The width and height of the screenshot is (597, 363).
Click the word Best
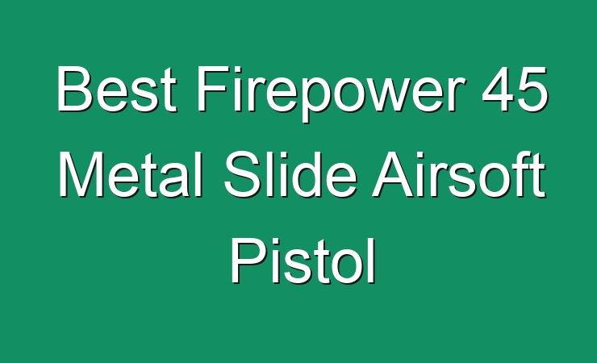[x=117, y=89]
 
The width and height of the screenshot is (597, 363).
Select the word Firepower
[x=330, y=94]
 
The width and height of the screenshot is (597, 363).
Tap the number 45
[x=515, y=89]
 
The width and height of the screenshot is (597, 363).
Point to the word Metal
[x=130, y=174]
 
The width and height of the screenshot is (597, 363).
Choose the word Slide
[x=290, y=174]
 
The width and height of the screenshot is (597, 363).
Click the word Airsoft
[x=458, y=174]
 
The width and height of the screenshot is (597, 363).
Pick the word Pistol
[x=303, y=261]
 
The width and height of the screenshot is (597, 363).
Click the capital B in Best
[x=74, y=89]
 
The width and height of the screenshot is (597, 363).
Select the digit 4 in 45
[x=497, y=89]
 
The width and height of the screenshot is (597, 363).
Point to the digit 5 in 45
[x=532, y=90]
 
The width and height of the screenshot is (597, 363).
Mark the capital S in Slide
[x=242, y=174]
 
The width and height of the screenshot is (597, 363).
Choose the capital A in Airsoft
[x=394, y=174]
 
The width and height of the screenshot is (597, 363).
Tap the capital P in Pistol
[x=248, y=260]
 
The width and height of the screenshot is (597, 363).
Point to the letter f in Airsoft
[x=524, y=174]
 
